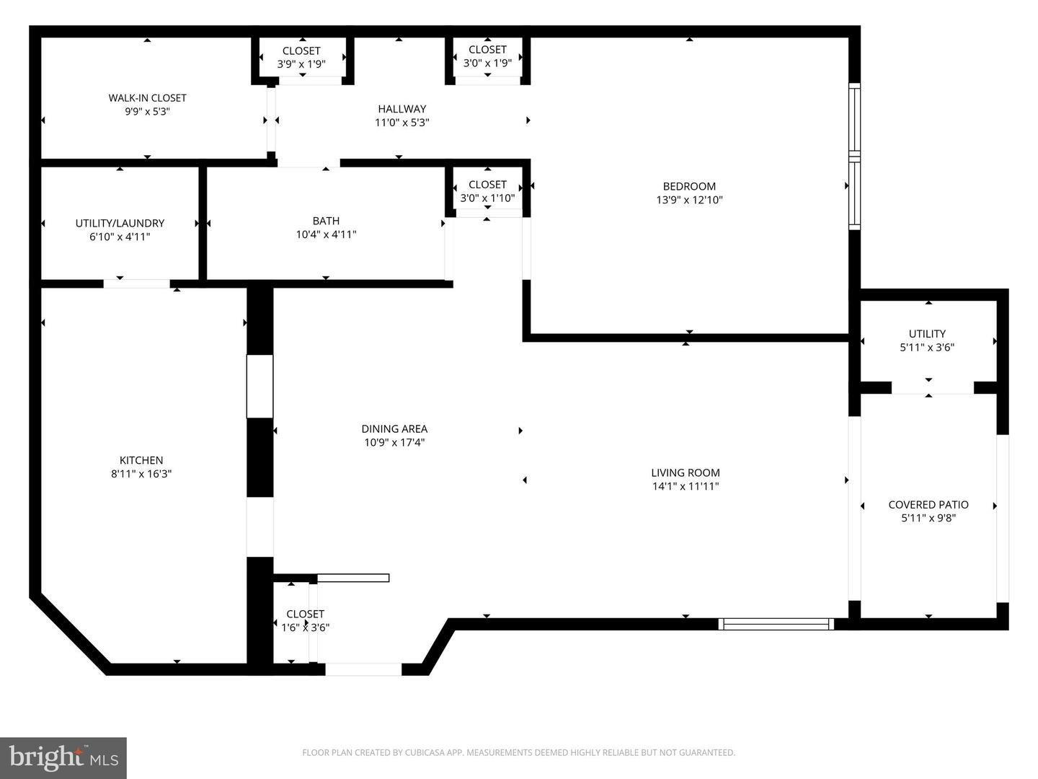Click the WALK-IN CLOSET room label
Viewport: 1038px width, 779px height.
147,98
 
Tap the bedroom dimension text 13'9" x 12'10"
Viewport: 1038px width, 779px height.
689,200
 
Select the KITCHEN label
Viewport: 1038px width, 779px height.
141,460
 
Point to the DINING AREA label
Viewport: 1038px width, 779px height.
394,429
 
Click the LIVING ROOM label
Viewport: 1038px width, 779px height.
686,472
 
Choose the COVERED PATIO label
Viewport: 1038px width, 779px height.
928,505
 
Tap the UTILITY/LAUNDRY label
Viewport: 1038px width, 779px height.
120,224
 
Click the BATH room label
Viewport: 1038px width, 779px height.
326,221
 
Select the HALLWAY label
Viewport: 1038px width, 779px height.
402,109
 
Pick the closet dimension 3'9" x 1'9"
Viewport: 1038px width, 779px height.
301,64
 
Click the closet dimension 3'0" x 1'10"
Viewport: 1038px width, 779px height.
487,198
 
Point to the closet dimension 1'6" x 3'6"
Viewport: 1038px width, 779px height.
305,628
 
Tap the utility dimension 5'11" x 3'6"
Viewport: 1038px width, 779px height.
927,348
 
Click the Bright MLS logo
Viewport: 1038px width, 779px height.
63,757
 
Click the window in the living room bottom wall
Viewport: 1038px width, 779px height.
776,624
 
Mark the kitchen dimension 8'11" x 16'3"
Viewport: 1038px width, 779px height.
141,474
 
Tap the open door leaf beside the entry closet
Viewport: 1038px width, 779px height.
352,578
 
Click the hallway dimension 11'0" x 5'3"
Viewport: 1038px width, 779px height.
402,123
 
